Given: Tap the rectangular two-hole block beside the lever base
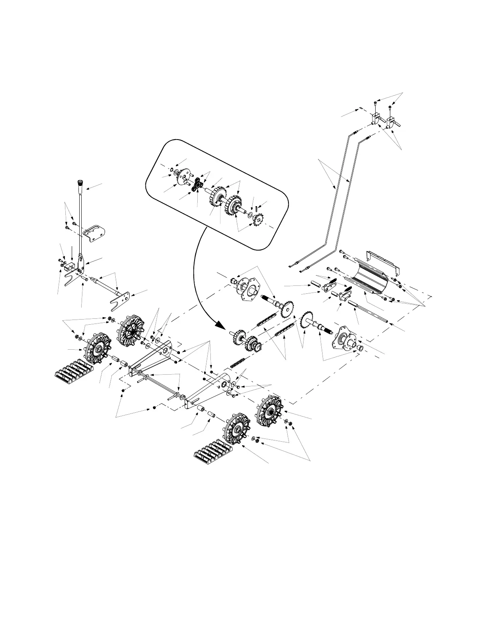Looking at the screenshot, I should [x=71, y=263].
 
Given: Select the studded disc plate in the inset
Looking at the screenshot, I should [x=183, y=177].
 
